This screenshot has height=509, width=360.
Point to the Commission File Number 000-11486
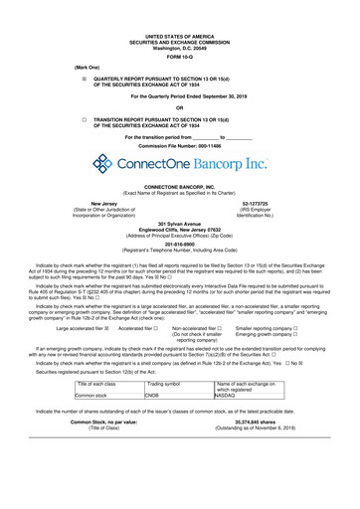180,144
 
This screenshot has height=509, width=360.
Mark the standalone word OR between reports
180,108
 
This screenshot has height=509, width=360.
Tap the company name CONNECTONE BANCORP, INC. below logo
180,187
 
